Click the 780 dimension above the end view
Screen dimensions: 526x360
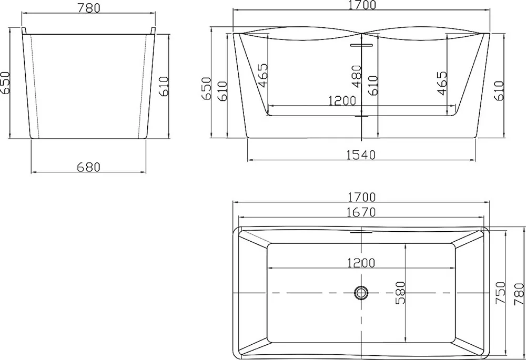coord(89,8)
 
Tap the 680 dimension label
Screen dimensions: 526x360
coord(88,167)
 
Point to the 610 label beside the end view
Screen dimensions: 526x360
coord(164,87)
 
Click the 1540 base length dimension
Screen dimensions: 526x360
coord(361,155)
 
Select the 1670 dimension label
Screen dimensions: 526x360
coord(361,212)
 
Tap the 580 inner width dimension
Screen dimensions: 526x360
coord(400,293)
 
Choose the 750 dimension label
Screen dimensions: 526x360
coord(501,293)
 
